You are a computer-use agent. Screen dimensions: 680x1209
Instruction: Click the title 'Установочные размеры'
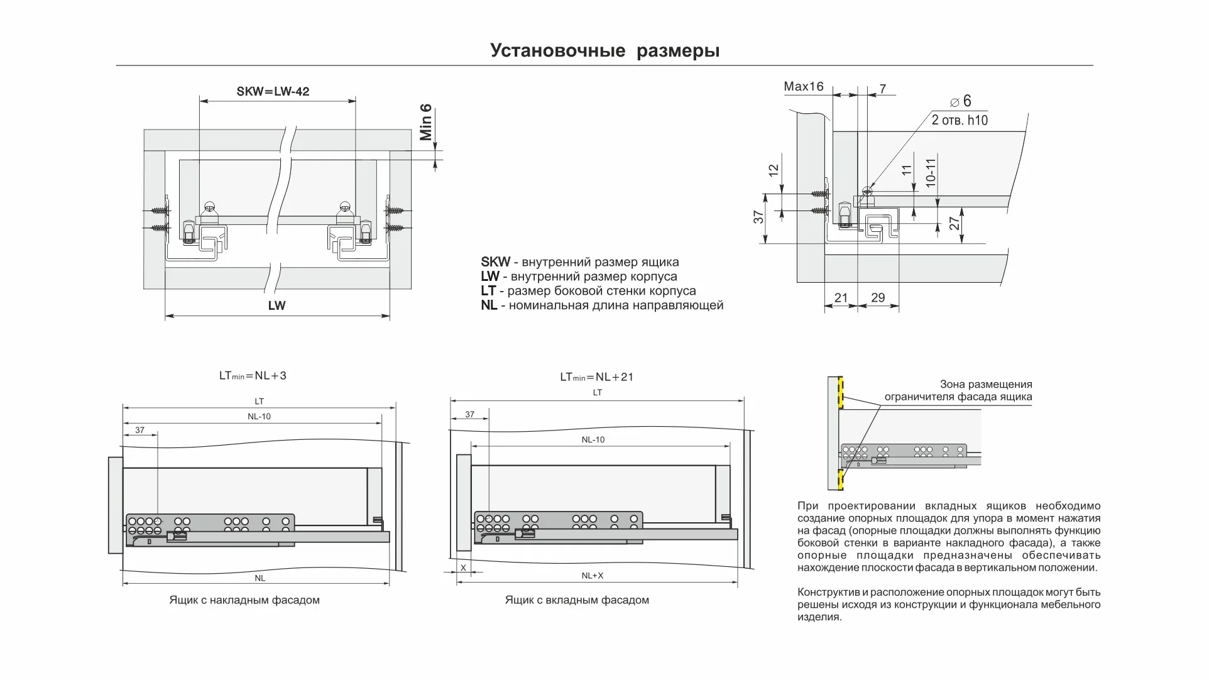604,50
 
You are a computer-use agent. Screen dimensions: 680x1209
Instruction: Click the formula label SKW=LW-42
273,91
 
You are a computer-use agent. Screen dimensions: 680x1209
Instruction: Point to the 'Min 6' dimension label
426,122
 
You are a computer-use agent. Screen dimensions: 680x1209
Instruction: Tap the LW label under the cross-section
276,305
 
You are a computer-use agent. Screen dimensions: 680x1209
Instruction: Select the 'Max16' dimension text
803,87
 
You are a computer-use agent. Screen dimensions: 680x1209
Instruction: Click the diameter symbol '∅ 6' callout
961,101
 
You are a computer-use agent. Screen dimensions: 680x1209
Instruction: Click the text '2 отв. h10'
960,120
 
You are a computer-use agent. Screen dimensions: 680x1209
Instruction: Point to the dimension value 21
841,298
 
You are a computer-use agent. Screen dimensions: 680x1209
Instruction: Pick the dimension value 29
878,298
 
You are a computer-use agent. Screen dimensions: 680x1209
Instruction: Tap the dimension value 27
955,223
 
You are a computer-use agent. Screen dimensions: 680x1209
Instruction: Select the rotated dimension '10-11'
931,172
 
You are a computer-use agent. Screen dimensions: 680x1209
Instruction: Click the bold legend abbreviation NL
489,305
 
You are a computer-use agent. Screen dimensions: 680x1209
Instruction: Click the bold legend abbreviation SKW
495,262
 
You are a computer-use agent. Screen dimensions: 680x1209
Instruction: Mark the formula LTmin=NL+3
253,376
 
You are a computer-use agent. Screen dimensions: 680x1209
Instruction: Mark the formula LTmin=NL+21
597,377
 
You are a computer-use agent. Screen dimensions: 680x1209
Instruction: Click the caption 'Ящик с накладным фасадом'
244,600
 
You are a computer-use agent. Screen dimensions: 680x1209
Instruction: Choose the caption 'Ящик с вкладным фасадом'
577,600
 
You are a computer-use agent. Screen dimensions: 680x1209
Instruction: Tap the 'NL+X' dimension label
592,576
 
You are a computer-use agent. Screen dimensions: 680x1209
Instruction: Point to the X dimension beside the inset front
464,568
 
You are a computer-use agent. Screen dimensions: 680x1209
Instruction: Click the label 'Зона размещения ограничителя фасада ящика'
958,390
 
